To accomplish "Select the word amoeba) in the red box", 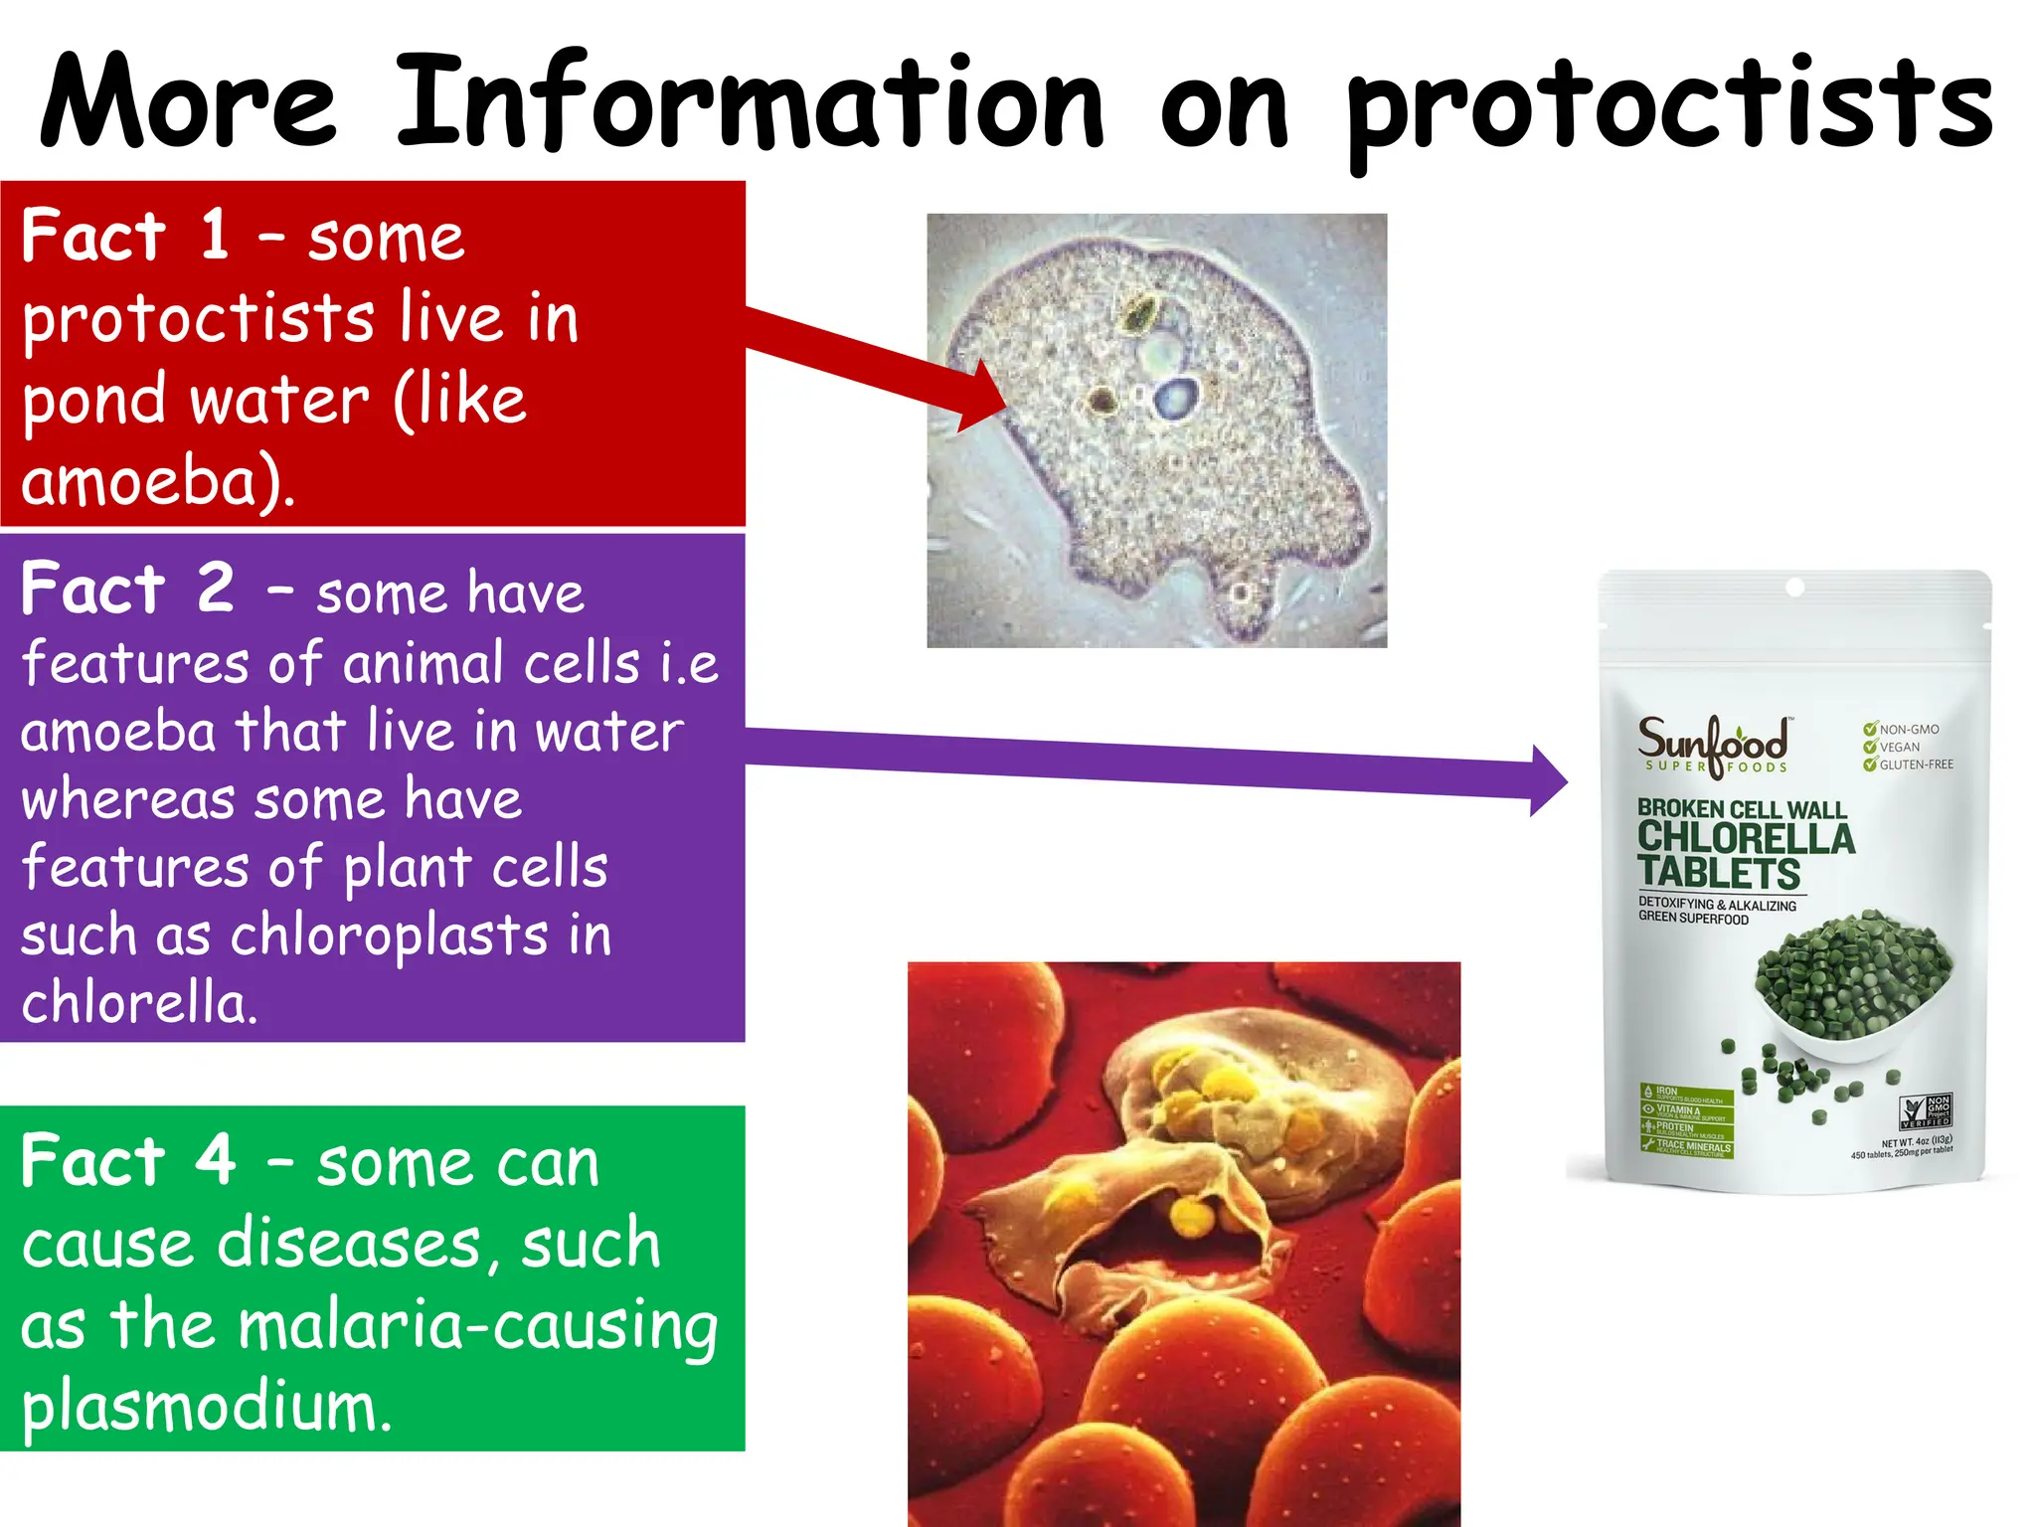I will pos(157,481).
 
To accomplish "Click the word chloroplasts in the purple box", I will pos(389,935).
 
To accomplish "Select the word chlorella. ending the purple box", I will pos(139,1002).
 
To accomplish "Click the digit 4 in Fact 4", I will pos(216,1160).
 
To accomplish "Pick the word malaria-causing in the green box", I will pos(478,1325).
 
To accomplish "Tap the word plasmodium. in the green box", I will pos(206,1407).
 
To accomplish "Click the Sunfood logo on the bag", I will pos(1712,744).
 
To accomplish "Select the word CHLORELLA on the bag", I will pos(1746,838).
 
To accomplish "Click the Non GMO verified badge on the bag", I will pos(1925,1110).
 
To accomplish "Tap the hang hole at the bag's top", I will pos(1794,588).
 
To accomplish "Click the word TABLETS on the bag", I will pos(1719,874).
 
